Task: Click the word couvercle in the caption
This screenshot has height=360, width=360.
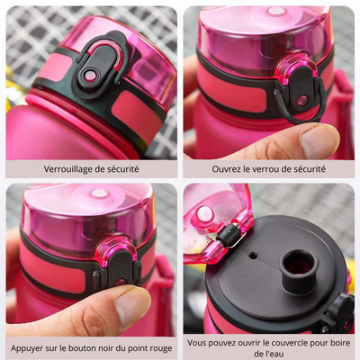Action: coord(289,343)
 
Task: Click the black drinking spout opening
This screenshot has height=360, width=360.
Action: coord(299,264)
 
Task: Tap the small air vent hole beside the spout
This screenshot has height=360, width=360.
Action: coord(254,256)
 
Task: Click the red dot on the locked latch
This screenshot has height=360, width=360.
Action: coord(90,76)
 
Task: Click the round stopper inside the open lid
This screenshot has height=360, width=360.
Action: coord(204,214)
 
